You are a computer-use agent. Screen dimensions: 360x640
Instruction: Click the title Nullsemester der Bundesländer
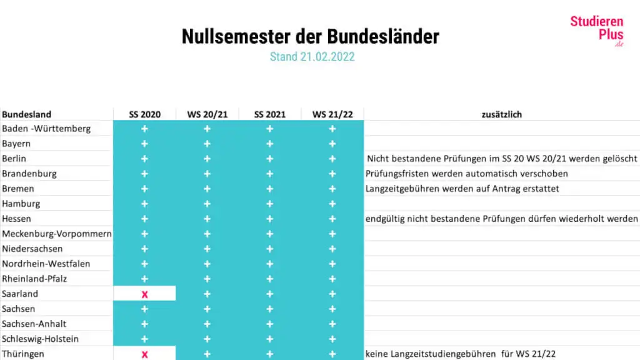pyautogui.click(x=311, y=36)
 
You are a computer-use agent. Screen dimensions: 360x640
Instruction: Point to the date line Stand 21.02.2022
pyautogui.click(x=312, y=57)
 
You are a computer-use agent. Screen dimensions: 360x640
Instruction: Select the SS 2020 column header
pyautogui.click(x=144, y=114)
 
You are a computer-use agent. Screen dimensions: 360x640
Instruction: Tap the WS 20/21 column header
pyautogui.click(x=207, y=114)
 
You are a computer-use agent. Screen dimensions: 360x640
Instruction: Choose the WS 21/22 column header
pyautogui.click(x=332, y=114)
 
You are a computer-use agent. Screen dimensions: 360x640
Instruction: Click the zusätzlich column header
pyautogui.click(x=501, y=114)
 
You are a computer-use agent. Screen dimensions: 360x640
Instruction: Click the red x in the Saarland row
pyautogui.click(x=144, y=294)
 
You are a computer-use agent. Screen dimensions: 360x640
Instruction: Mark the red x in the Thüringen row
pyautogui.click(x=144, y=354)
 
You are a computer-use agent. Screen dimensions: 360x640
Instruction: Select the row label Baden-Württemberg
pyautogui.click(x=46, y=129)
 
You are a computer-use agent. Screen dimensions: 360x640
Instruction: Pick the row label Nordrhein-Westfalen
pyautogui.click(x=46, y=264)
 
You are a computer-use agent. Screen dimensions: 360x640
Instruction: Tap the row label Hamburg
pyautogui.click(x=21, y=204)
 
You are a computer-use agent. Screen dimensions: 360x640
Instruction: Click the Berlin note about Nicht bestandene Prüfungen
pyautogui.click(x=502, y=159)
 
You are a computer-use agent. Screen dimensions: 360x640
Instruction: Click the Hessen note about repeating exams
pyautogui.click(x=502, y=219)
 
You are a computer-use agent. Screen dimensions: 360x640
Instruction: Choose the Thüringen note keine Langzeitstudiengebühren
pyautogui.click(x=461, y=354)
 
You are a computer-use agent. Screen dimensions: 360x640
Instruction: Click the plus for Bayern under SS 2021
pyautogui.click(x=270, y=144)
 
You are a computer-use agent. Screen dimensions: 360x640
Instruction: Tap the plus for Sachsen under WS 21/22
pyautogui.click(x=332, y=309)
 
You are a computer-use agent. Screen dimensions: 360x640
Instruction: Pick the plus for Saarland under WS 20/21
pyautogui.click(x=207, y=294)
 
